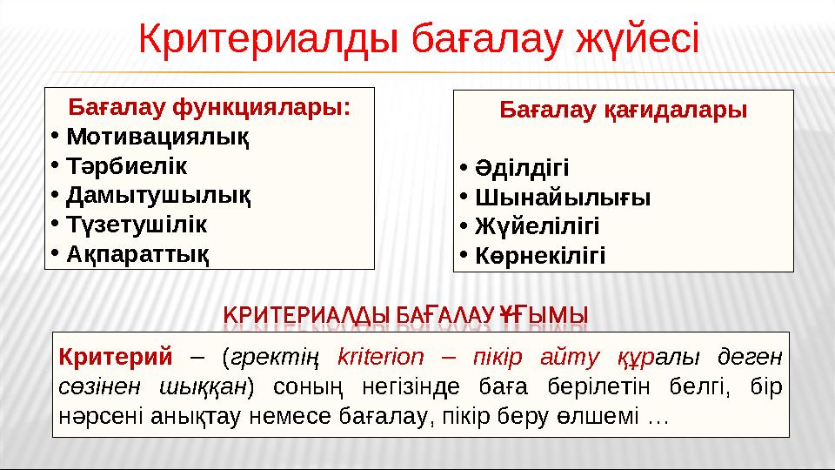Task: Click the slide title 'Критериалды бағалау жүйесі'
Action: (418, 39)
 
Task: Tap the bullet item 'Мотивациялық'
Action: (157, 137)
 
